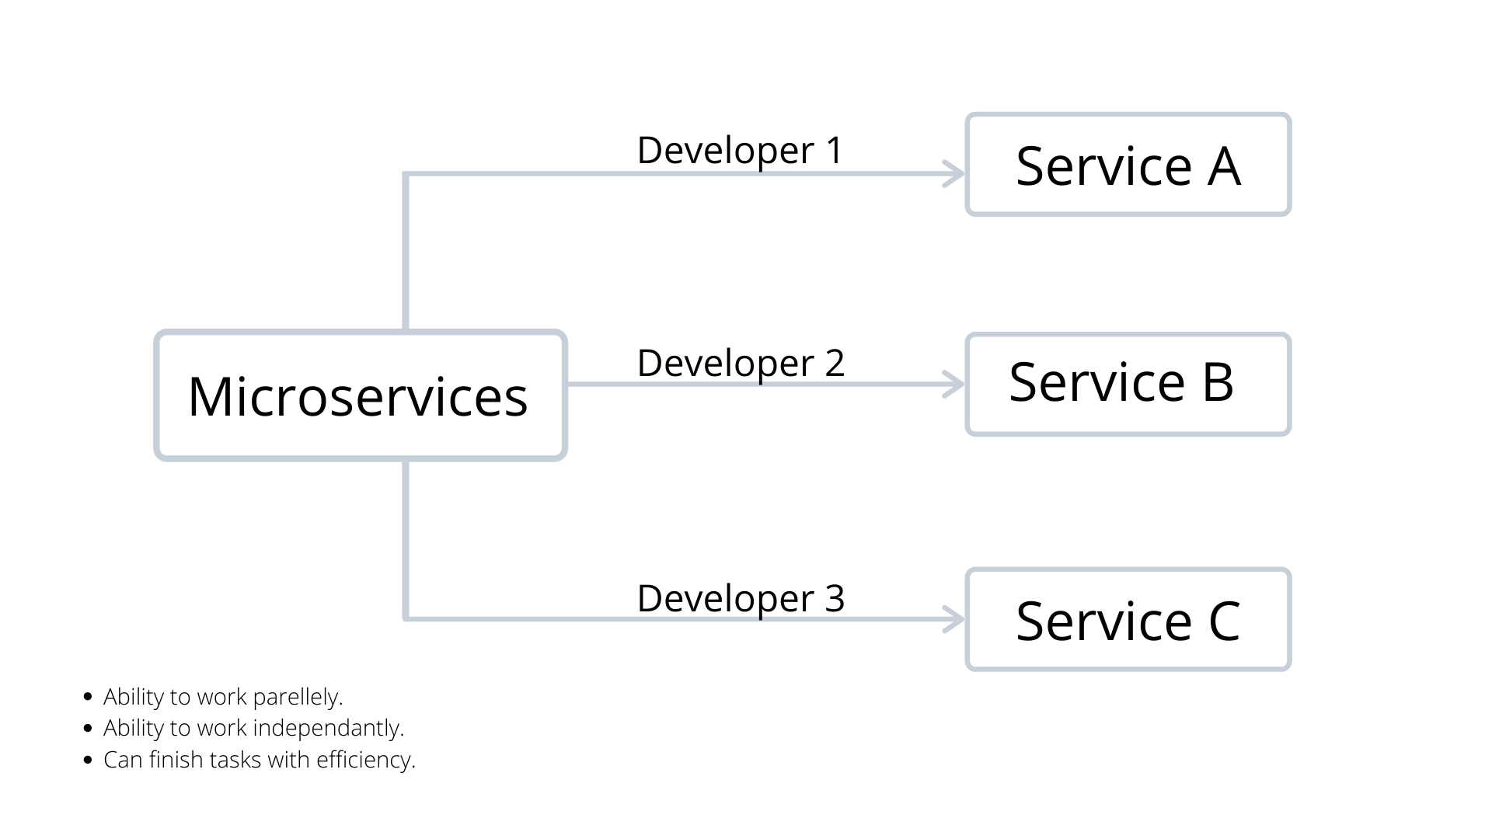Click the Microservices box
[360, 396]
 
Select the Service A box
[1128, 165]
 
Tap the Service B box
[1128, 384]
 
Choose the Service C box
[1128, 620]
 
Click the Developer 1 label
[739, 150]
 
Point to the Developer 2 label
[740, 363]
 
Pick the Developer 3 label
[740, 598]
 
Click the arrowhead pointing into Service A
[954, 173]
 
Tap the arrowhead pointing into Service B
[954, 384]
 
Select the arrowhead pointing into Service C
[954, 619]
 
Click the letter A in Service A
[1223, 166]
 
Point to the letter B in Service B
[1217, 382]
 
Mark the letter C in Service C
[1224, 621]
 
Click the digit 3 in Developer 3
[834, 598]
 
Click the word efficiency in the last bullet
[365, 759]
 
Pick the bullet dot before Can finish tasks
[87, 760]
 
